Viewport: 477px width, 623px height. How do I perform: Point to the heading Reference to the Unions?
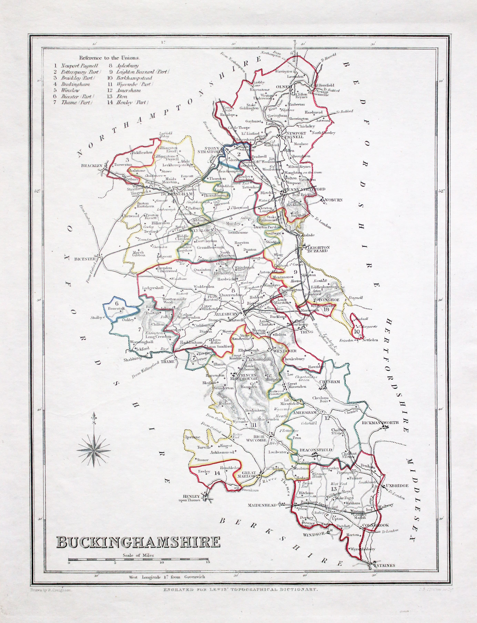[109, 58]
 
